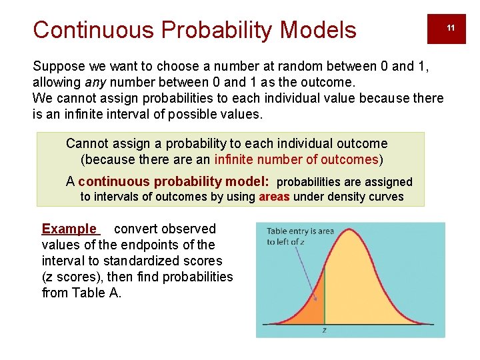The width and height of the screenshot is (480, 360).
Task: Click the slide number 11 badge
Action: click(451, 27)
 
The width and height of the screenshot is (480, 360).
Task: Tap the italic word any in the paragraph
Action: click(96, 83)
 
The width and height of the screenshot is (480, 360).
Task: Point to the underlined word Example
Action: click(69, 229)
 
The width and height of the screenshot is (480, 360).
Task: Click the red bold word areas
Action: click(274, 197)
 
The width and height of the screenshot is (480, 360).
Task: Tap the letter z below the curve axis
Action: click(325, 330)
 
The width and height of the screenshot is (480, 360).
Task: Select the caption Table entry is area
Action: click(300, 231)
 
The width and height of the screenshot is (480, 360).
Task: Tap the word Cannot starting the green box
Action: click(87, 143)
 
